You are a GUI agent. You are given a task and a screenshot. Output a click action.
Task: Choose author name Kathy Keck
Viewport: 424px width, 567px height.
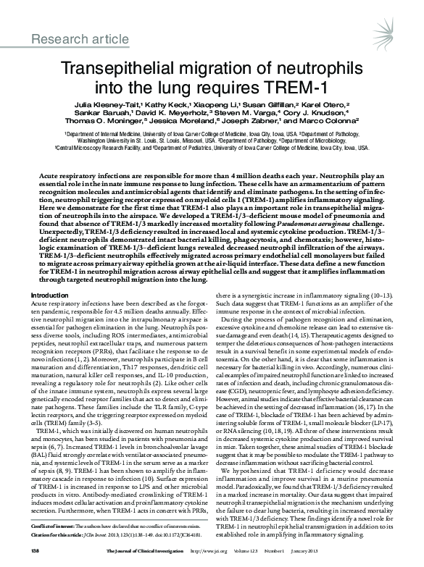(159, 105)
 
